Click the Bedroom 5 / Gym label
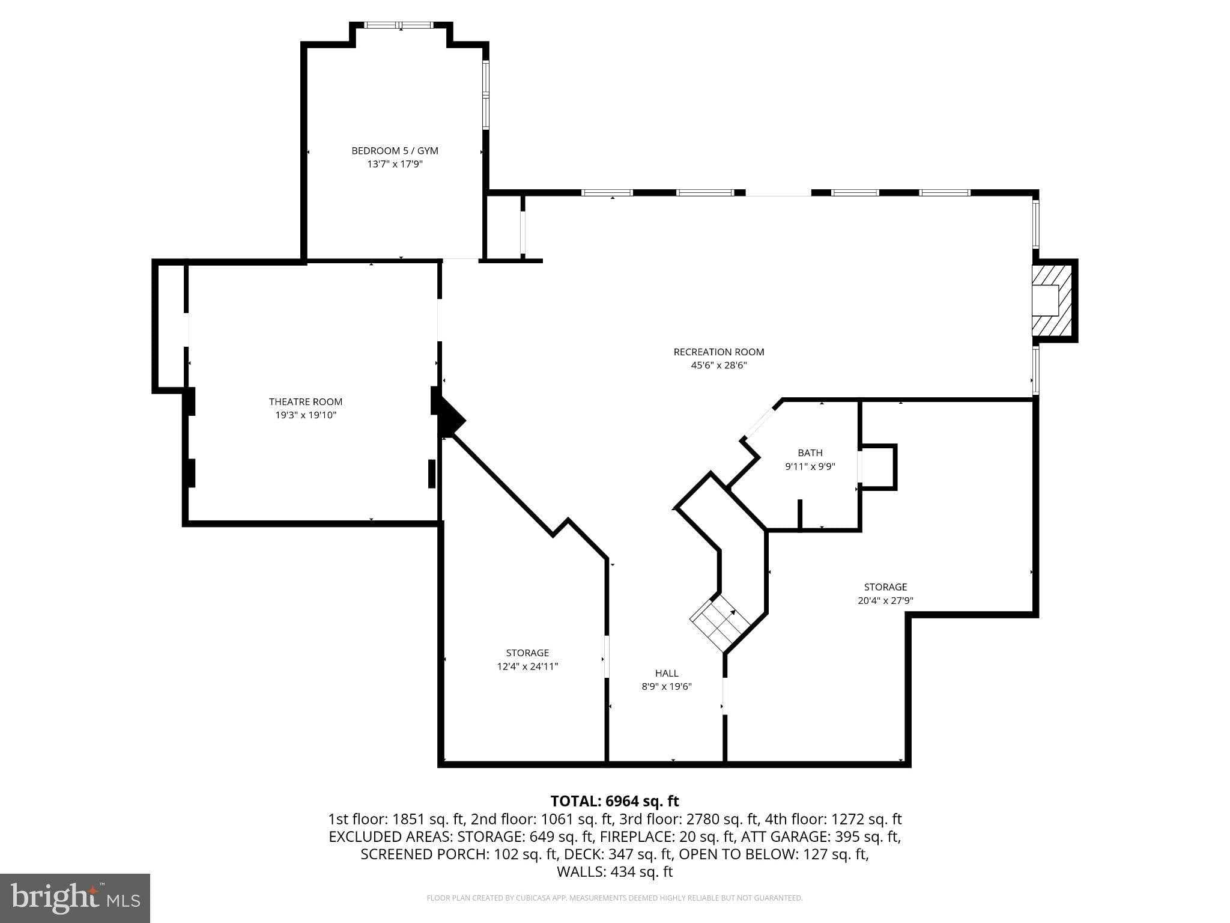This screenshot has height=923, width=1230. click(395, 151)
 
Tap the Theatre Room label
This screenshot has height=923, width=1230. click(305, 401)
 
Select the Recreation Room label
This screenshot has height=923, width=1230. click(718, 352)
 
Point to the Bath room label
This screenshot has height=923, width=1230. click(810, 452)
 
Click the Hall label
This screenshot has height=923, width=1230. click(667, 673)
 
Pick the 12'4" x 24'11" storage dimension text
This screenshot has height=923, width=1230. click(527, 666)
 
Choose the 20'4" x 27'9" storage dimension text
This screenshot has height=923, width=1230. click(885, 600)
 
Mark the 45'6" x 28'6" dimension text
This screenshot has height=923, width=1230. click(718, 365)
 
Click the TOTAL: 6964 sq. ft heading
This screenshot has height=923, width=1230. click(614, 801)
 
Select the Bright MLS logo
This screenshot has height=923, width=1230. click(74, 898)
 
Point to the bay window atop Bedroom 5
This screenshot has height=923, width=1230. click(400, 25)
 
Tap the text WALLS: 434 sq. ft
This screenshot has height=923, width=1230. click(614, 871)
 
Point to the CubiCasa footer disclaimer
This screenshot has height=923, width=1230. click(614, 898)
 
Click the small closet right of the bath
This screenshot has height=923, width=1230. click(878, 467)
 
